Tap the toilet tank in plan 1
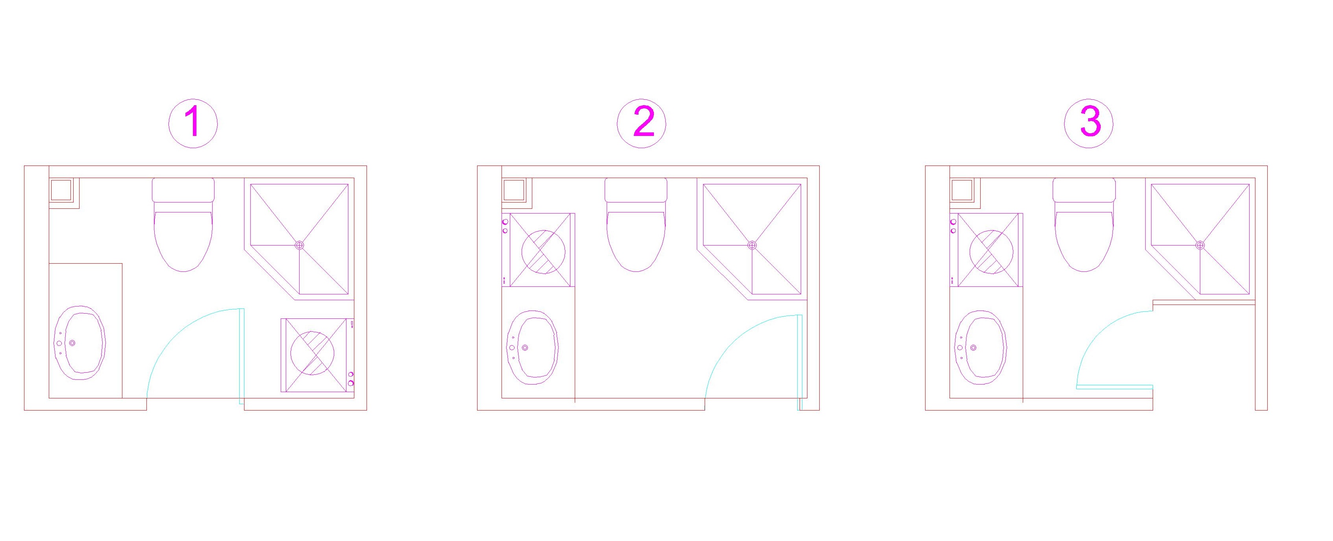click(183, 190)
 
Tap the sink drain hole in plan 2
click(525, 348)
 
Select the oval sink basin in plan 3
click(981, 348)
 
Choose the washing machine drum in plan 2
click(543, 252)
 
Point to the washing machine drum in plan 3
click(991, 252)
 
